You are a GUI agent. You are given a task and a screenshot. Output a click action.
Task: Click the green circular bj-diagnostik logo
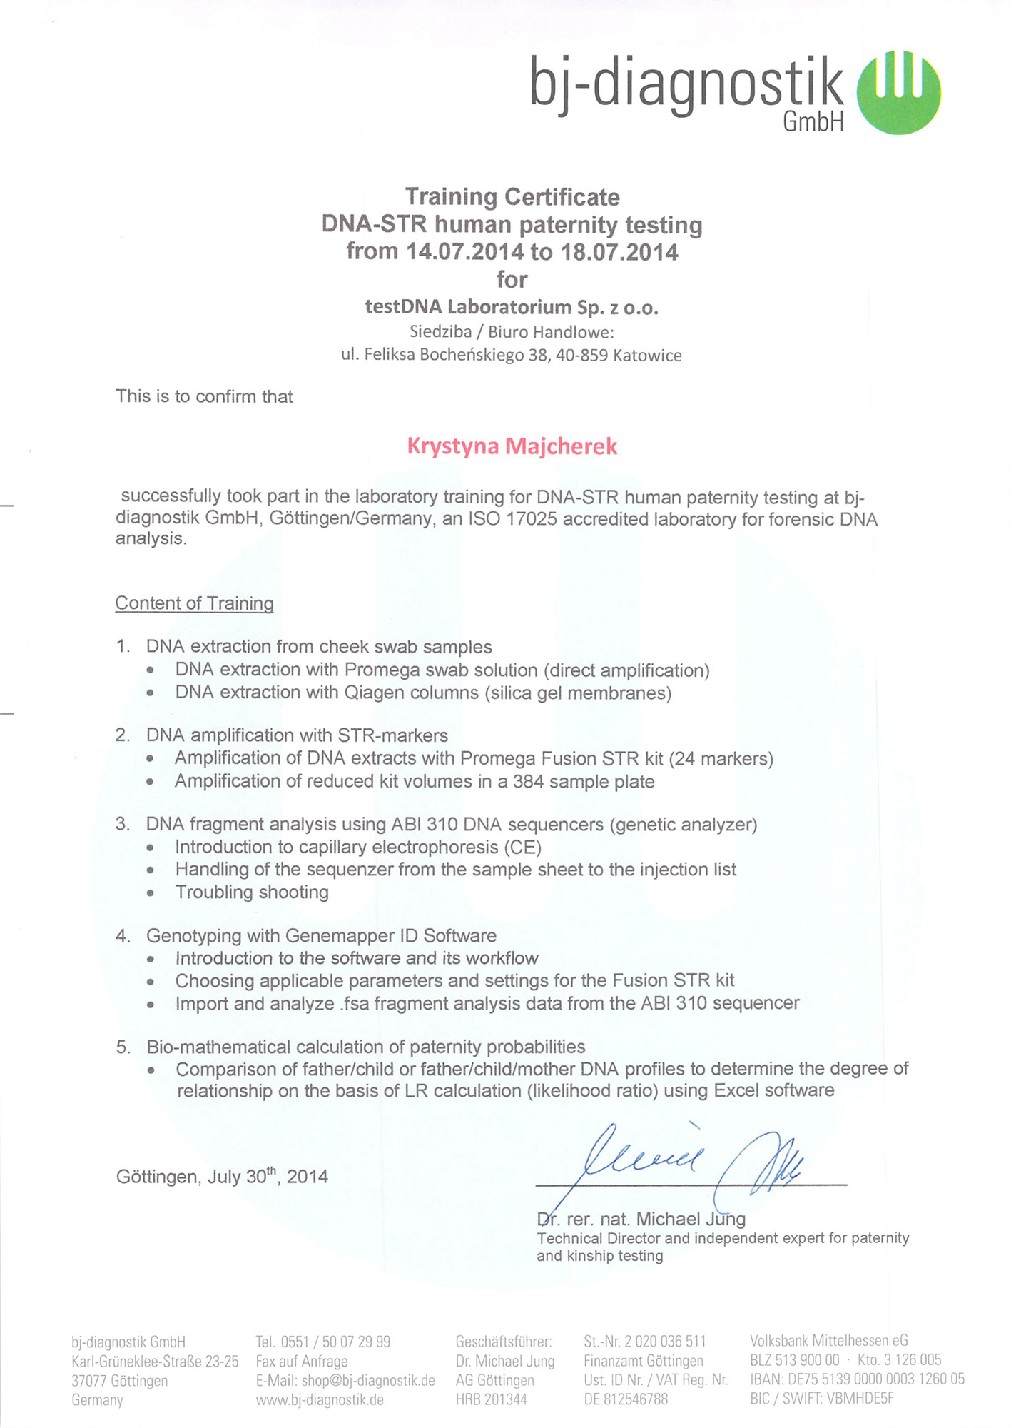point(898,91)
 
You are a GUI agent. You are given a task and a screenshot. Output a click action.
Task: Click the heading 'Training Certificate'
point(512,197)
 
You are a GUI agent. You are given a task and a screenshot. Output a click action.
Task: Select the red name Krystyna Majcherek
point(512,446)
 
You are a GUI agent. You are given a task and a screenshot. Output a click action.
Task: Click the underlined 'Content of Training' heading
point(194,603)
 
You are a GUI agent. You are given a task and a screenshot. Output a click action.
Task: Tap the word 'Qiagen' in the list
point(375,693)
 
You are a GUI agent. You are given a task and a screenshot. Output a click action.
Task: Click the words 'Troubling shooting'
point(252,892)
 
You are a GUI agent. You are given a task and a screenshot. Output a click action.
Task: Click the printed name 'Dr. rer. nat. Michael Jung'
point(641,1219)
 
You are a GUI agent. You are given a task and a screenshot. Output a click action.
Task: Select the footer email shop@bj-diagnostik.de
point(367,1380)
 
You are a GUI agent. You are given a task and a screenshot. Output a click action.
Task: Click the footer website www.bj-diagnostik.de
point(320,1399)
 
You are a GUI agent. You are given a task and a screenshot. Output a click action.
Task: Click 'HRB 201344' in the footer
point(491,1399)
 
